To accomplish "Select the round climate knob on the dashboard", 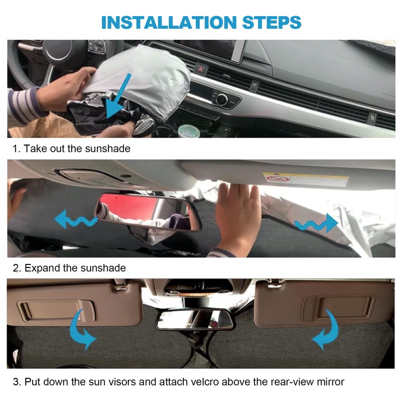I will click(x=221, y=99).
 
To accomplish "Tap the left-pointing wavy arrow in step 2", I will click(x=76, y=220).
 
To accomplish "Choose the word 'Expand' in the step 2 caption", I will click(x=42, y=267).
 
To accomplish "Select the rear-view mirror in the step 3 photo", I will click(x=194, y=319).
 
